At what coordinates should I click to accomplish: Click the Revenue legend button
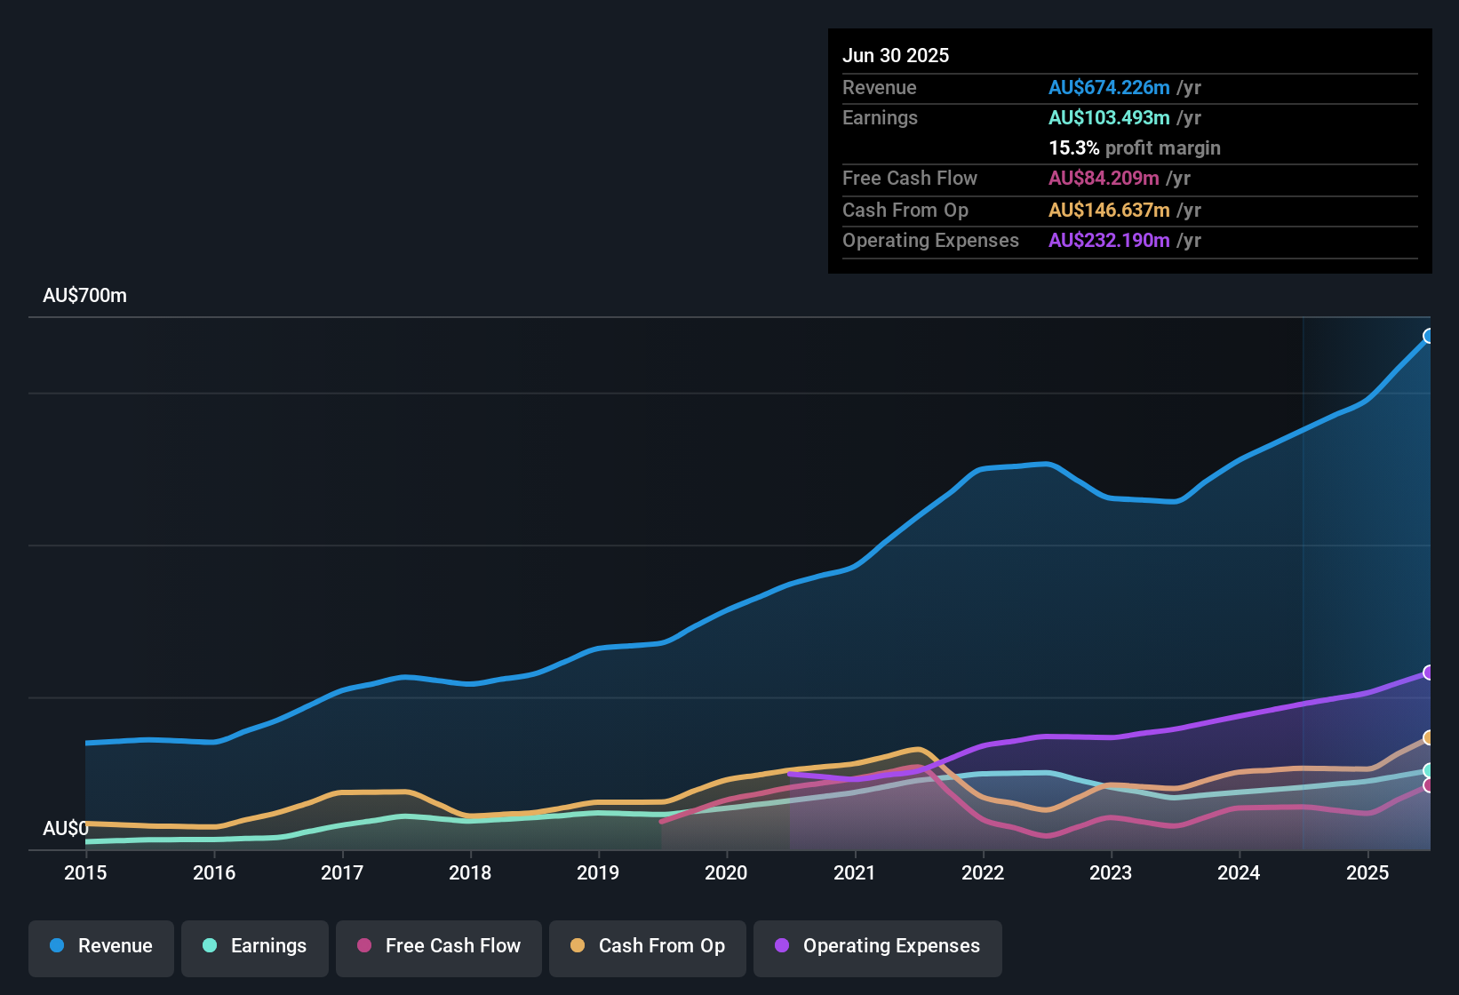click(x=101, y=946)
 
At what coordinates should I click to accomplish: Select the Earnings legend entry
click(x=255, y=946)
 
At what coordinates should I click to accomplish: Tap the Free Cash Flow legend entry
click(x=439, y=946)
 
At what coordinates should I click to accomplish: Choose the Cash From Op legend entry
click(x=648, y=946)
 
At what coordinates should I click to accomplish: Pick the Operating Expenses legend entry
click(x=878, y=946)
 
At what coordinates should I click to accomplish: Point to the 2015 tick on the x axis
click(x=85, y=872)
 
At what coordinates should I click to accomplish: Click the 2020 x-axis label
click(x=726, y=872)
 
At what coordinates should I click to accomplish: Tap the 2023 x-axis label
click(x=1111, y=872)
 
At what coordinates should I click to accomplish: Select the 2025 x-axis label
click(x=1367, y=872)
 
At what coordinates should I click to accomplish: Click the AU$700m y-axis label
click(x=85, y=296)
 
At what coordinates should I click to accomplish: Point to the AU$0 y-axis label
click(x=66, y=829)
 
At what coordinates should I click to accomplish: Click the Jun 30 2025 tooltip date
click(x=896, y=56)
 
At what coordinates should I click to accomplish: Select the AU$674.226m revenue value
click(x=1109, y=88)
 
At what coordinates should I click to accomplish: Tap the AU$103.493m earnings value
click(x=1109, y=118)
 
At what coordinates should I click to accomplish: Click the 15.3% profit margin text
click(x=1135, y=148)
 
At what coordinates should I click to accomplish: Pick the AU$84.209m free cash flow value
click(x=1104, y=179)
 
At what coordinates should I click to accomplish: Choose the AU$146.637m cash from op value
click(x=1109, y=211)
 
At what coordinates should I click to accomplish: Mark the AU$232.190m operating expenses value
click(x=1109, y=241)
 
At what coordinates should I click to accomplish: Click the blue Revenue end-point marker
click(x=1429, y=336)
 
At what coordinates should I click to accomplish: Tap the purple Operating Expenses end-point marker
click(x=1429, y=673)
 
